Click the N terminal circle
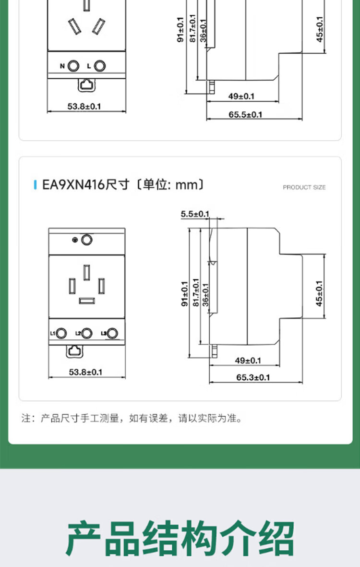pyautogui.click(x=74, y=66)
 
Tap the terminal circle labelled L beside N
pyautogui.click(x=100, y=66)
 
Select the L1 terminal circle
pyautogui.click(x=61, y=333)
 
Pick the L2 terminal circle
pyautogui.click(x=87, y=333)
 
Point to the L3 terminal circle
pyautogui.click(x=112, y=333)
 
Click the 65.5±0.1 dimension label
pyautogui.click(x=245, y=114)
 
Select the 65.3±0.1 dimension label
pyautogui.click(x=253, y=377)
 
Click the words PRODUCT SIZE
pyautogui.click(x=304, y=187)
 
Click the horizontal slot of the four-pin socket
pyautogui.click(x=87, y=301)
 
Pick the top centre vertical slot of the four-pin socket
pyautogui.click(x=87, y=272)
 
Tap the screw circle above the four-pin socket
pyautogui.click(x=87, y=239)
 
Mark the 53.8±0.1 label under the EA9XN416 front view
pyautogui.click(x=85, y=372)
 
